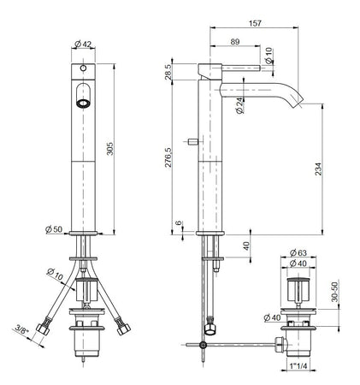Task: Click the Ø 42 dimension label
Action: click(x=83, y=44)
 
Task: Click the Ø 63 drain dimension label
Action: click(x=297, y=253)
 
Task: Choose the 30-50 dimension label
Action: click(x=335, y=291)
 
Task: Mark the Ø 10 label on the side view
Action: click(x=269, y=55)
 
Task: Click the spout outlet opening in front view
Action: click(x=83, y=102)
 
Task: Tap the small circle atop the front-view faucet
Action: click(x=83, y=67)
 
